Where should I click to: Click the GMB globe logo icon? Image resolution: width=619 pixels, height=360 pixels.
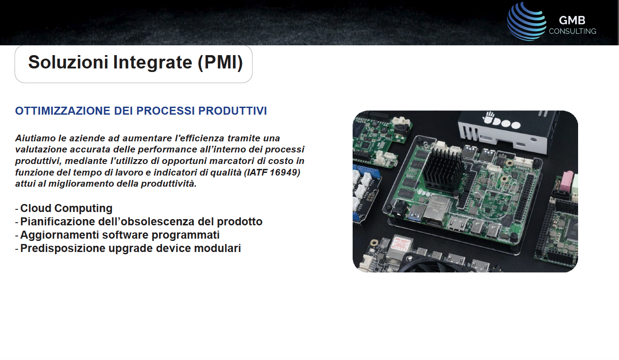point(527,21)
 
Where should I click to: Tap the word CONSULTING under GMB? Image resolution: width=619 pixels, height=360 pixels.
point(572,31)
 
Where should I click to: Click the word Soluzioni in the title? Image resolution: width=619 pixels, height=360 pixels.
point(68,62)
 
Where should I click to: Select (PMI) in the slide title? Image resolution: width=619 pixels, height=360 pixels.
point(220,63)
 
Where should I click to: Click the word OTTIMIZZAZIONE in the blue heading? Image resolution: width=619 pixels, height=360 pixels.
point(63,111)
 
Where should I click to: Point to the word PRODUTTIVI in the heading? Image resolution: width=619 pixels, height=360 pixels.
point(233,111)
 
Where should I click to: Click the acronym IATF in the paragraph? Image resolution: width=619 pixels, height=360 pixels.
point(256,172)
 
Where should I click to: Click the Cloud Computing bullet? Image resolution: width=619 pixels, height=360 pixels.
point(66,208)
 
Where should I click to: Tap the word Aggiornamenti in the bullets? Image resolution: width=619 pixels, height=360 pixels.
point(60,235)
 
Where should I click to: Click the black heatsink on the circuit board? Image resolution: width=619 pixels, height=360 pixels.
point(442,168)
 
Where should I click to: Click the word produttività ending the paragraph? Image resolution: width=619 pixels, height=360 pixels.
point(169,184)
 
